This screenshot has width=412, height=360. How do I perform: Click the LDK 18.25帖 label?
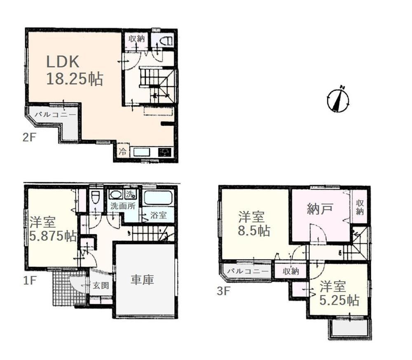75,70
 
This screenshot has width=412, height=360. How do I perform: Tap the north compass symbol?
338,99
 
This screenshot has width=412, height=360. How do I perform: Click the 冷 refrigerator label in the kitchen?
122,152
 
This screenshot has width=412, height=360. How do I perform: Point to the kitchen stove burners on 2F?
165,152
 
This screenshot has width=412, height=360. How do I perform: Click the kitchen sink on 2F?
142,152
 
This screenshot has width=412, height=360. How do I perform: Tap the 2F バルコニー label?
56,115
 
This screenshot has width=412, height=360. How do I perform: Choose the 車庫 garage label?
142,280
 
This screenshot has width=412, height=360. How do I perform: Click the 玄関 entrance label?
101,285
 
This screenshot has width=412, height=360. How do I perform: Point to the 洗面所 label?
123,206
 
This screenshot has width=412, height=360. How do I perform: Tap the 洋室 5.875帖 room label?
53,229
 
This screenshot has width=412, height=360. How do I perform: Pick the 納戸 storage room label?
320,209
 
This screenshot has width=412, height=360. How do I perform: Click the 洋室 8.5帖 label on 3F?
254,224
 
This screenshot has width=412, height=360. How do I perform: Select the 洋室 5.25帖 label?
339,293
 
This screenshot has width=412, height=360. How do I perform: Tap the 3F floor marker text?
223,291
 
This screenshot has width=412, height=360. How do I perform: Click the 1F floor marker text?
29,281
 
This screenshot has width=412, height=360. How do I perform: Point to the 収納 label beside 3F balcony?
291,271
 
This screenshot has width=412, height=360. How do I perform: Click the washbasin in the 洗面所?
116,194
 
